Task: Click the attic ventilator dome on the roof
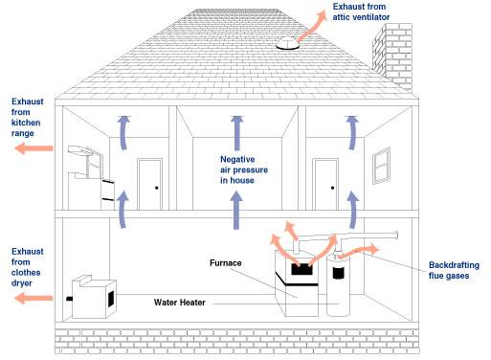288,43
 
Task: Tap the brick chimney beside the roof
392,56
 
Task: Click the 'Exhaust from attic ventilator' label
361,11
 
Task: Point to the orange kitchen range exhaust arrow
33,148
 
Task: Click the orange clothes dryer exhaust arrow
33,298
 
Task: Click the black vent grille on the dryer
111,299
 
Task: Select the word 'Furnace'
226,263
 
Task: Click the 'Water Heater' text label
179,303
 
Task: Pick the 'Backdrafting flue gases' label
454,270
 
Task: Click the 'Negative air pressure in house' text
244,169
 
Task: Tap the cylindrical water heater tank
338,284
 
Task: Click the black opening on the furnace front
301,269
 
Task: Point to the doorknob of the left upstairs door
157,188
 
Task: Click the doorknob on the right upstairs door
332,188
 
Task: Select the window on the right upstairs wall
381,166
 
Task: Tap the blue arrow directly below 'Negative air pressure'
236,210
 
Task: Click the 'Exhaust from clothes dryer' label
27,267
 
